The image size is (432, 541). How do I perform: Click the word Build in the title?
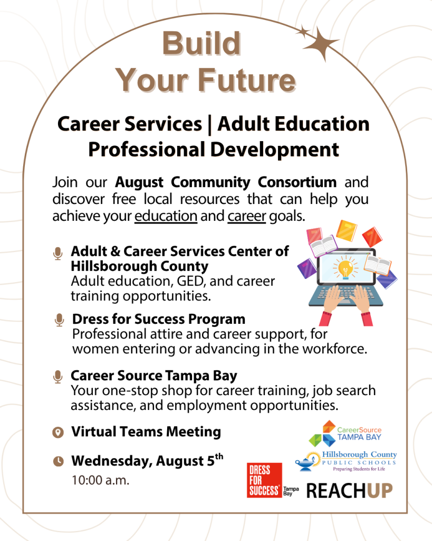tap(201, 43)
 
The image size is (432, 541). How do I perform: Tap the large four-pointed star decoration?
tap(321, 44)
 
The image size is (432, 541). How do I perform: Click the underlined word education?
tap(166, 216)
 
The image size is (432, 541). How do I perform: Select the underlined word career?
tap(247, 216)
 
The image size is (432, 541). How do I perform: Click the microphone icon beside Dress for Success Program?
tap(59, 320)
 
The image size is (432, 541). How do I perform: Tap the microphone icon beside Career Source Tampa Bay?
tap(58, 377)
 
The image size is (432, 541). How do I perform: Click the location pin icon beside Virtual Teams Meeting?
tap(58, 432)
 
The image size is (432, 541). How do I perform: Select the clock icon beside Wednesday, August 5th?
tap(58, 461)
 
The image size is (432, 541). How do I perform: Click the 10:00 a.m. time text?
tap(100, 480)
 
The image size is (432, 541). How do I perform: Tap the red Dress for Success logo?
tap(264, 480)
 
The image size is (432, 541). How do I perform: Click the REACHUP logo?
tap(349, 491)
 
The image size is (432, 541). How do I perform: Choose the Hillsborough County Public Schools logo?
tap(346, 461)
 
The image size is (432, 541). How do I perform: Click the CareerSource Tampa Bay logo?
tap(345, 433)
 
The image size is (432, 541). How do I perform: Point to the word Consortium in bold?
tap(297, 182)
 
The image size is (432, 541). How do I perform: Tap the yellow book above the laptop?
tap(346, 230)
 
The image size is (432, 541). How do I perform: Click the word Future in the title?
tap(247, 80)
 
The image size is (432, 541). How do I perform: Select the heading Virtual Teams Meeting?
tap(146, 432)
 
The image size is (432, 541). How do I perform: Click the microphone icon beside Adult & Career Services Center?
tap(58, 254)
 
